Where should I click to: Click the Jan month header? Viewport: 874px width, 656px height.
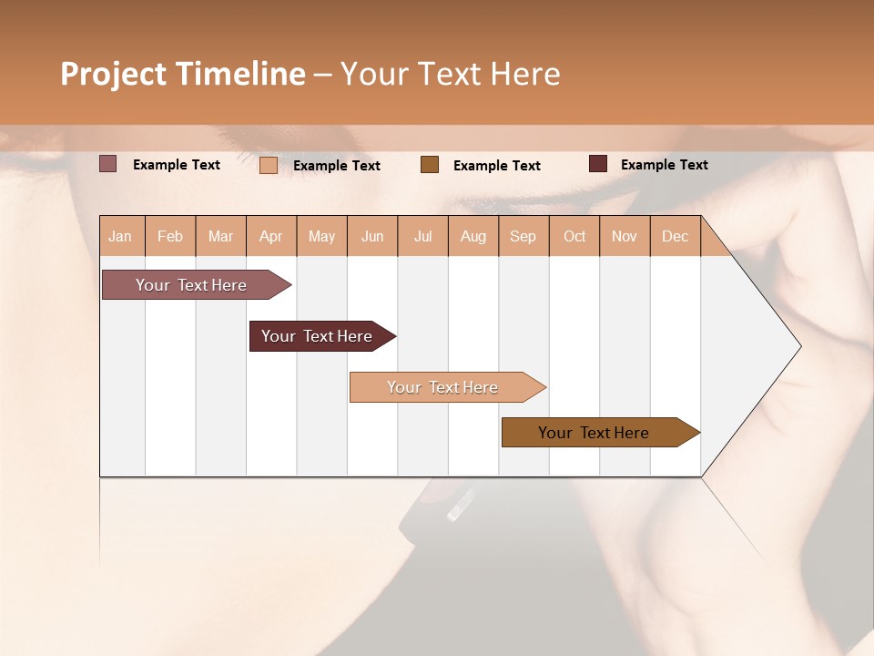tap(121, 236)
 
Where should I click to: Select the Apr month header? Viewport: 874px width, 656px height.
tap(271, 236)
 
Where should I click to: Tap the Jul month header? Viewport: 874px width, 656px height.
tap(422, 236)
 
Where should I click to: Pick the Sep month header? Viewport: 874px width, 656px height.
tap(523, 236)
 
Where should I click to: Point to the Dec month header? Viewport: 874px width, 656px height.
tap(675, 236)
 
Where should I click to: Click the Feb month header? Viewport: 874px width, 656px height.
tap(170, 236)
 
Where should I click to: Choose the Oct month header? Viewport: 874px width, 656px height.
tap(574, 236)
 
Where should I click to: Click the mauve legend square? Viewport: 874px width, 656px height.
tap(107, 164)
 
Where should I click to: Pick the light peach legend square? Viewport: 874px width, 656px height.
tap(268, 165)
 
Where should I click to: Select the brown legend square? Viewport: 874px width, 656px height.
tap(430, 164)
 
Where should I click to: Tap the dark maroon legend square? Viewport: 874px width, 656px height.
tap(598, 164)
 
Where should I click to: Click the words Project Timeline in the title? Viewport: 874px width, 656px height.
tap(183, 74)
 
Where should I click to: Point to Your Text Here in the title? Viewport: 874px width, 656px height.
tap(451, 74)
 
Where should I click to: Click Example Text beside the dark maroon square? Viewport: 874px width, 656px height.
tap(664, 165)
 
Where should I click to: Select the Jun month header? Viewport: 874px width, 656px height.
tap(372, 236)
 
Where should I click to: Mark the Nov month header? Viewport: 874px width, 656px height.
tap(625, 236)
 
